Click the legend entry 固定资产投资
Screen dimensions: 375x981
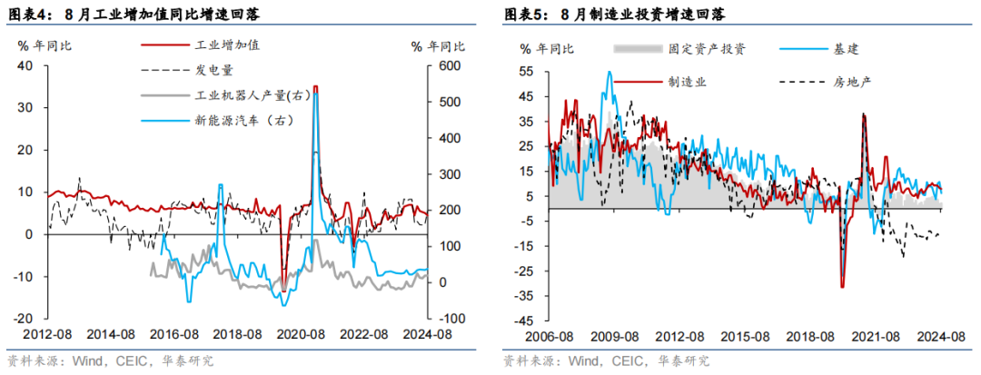click(706, 49)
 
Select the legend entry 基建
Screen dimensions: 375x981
click(846, 49)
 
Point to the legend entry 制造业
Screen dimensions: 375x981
click(688, 82)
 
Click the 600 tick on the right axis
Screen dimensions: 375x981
click(448, 65)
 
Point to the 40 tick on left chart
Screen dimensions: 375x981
click(25, 65)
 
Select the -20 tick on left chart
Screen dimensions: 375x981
click(23, 319)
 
